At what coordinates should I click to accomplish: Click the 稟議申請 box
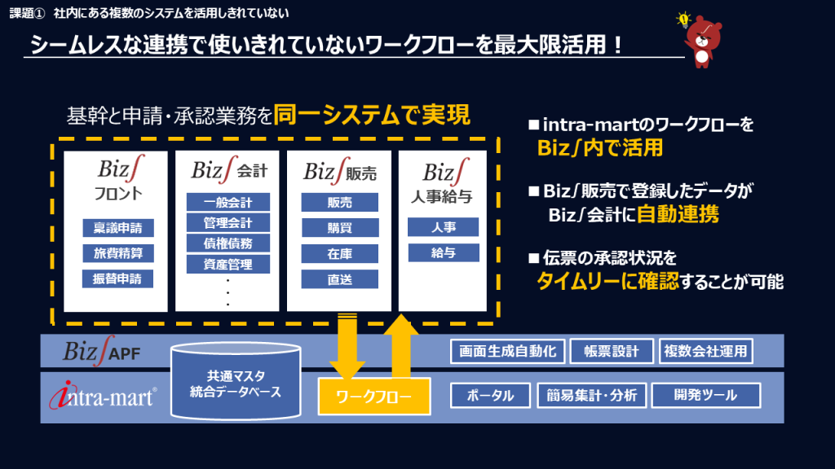(117, 228)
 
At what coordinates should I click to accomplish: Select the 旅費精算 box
(117, 253)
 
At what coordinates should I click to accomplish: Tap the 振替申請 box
(117, 278)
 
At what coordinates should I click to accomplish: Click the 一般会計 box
(228, 203)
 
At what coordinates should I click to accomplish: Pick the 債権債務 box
(228, 243)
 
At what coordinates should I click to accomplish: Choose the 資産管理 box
(228, 263)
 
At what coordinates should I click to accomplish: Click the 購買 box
(339, 228)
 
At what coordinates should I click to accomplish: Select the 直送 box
(339, 278)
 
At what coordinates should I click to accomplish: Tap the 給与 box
(444, 252)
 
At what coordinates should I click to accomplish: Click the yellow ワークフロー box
(373, 397)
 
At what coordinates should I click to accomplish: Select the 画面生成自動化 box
(506, 351)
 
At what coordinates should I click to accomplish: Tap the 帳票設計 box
(611, 351)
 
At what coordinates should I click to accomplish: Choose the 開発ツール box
(705, 396)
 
